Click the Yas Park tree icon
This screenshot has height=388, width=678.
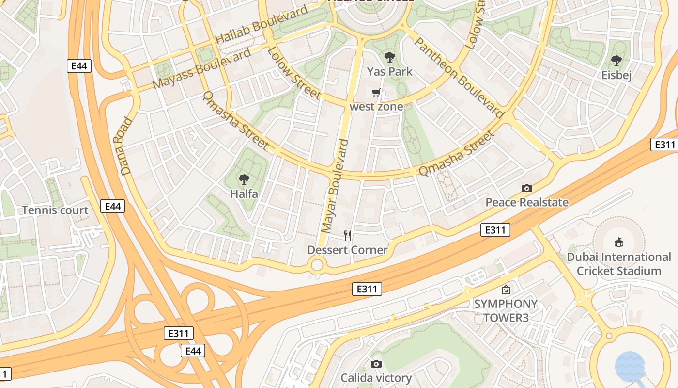pyautogui.click(x=389, y=58)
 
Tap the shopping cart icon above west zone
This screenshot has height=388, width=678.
pyautogui.click(x=376, y=92)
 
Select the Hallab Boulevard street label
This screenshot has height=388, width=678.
pyautogui.click(x=261, y=24)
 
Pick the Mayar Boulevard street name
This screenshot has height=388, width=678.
pyautogui.click(x=335, y=186)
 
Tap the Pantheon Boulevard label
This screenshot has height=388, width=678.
pyautogui.click(x=459, y=78)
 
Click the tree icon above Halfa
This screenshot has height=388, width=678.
pyautogui.click(x=244, y=180)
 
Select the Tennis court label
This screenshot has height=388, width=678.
pyautogui.click(x=55, y=210)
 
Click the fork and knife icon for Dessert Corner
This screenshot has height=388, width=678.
pyautogui.click(x=348, y=236)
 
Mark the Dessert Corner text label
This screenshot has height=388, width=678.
pyautogui.click(x=348, y=250)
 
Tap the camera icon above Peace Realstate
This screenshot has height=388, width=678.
pyautogui.click(x=527, y=188)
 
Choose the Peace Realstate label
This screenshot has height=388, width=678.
pyautogui.click(x=527, y=202)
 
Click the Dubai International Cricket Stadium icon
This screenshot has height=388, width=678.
pyautogui.click(x=618, y=242)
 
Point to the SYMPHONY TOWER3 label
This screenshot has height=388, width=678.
pyautogui.click(x=506, y=310)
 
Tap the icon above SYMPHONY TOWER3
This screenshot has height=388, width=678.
pyautogui.click(x=506, y=290)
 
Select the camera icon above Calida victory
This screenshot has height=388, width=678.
pyautogui.click(x=376, y=364)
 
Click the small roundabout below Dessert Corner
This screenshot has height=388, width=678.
pyautogui.click(x=317, y=265)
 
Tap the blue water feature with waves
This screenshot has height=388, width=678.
pyautogui.click(x=630, y=366)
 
